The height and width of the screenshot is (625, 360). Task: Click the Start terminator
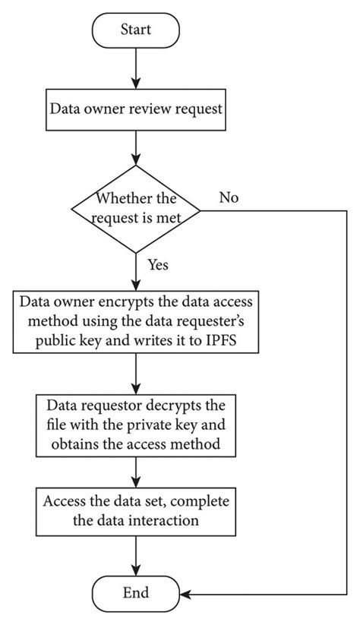tap(136, 30)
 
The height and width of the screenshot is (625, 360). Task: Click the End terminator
tap(136, 592)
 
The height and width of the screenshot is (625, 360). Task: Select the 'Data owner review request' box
tap(136, 108)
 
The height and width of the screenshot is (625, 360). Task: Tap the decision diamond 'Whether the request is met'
tap(134, 209)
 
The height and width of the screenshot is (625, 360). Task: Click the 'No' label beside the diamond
tap(229, 198)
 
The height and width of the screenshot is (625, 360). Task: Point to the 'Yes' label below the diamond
tap(157, 266)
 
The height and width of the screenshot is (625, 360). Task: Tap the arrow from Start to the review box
tap(136, 68)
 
